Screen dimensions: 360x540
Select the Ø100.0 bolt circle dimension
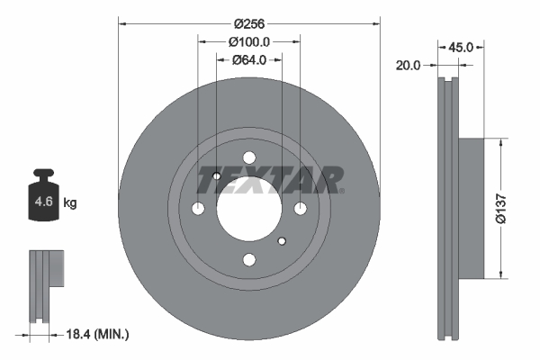point(249,41)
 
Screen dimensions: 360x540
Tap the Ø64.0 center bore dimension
point(249,60)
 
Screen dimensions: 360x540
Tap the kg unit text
point(70,203)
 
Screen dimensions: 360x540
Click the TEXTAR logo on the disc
point(270,180)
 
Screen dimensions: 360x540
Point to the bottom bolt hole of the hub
point(249,259)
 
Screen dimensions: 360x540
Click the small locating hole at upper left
point(217,176)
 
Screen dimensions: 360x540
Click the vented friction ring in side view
point(447,208)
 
